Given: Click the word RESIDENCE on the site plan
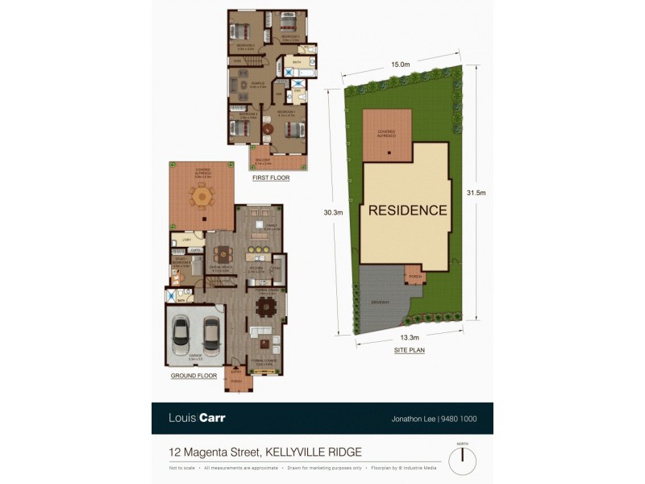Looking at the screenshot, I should tap(407, 211).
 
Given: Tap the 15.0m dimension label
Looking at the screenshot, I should tap(401, 65).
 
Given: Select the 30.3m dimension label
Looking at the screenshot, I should tap(333, 212).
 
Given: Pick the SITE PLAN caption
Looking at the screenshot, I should tap(410, 350).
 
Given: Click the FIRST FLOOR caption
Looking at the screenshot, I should tap(270, 177).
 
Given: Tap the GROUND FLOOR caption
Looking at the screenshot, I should tap(194, 376).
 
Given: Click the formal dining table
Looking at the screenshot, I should tap(265, 307).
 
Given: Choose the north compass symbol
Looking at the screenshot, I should tap(462, 461).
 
